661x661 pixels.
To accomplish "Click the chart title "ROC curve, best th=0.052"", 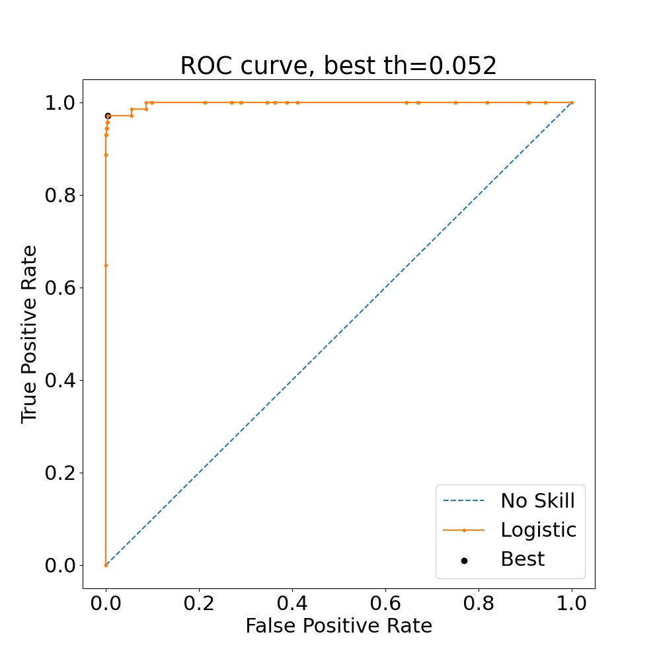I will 338,66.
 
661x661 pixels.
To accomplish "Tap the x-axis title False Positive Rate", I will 338,626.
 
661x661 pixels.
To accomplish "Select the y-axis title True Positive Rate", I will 29,334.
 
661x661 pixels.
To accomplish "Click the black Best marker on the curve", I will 108,116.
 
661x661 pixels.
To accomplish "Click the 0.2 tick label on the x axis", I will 199,603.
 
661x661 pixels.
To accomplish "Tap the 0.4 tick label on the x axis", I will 292,603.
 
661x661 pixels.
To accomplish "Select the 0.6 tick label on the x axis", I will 385,603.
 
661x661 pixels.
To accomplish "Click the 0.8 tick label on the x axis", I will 479,603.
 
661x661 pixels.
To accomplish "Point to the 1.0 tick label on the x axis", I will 572,603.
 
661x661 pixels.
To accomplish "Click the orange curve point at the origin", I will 106,565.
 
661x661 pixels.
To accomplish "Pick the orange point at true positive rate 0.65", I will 106,265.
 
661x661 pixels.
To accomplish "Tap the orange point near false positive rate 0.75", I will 455,102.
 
